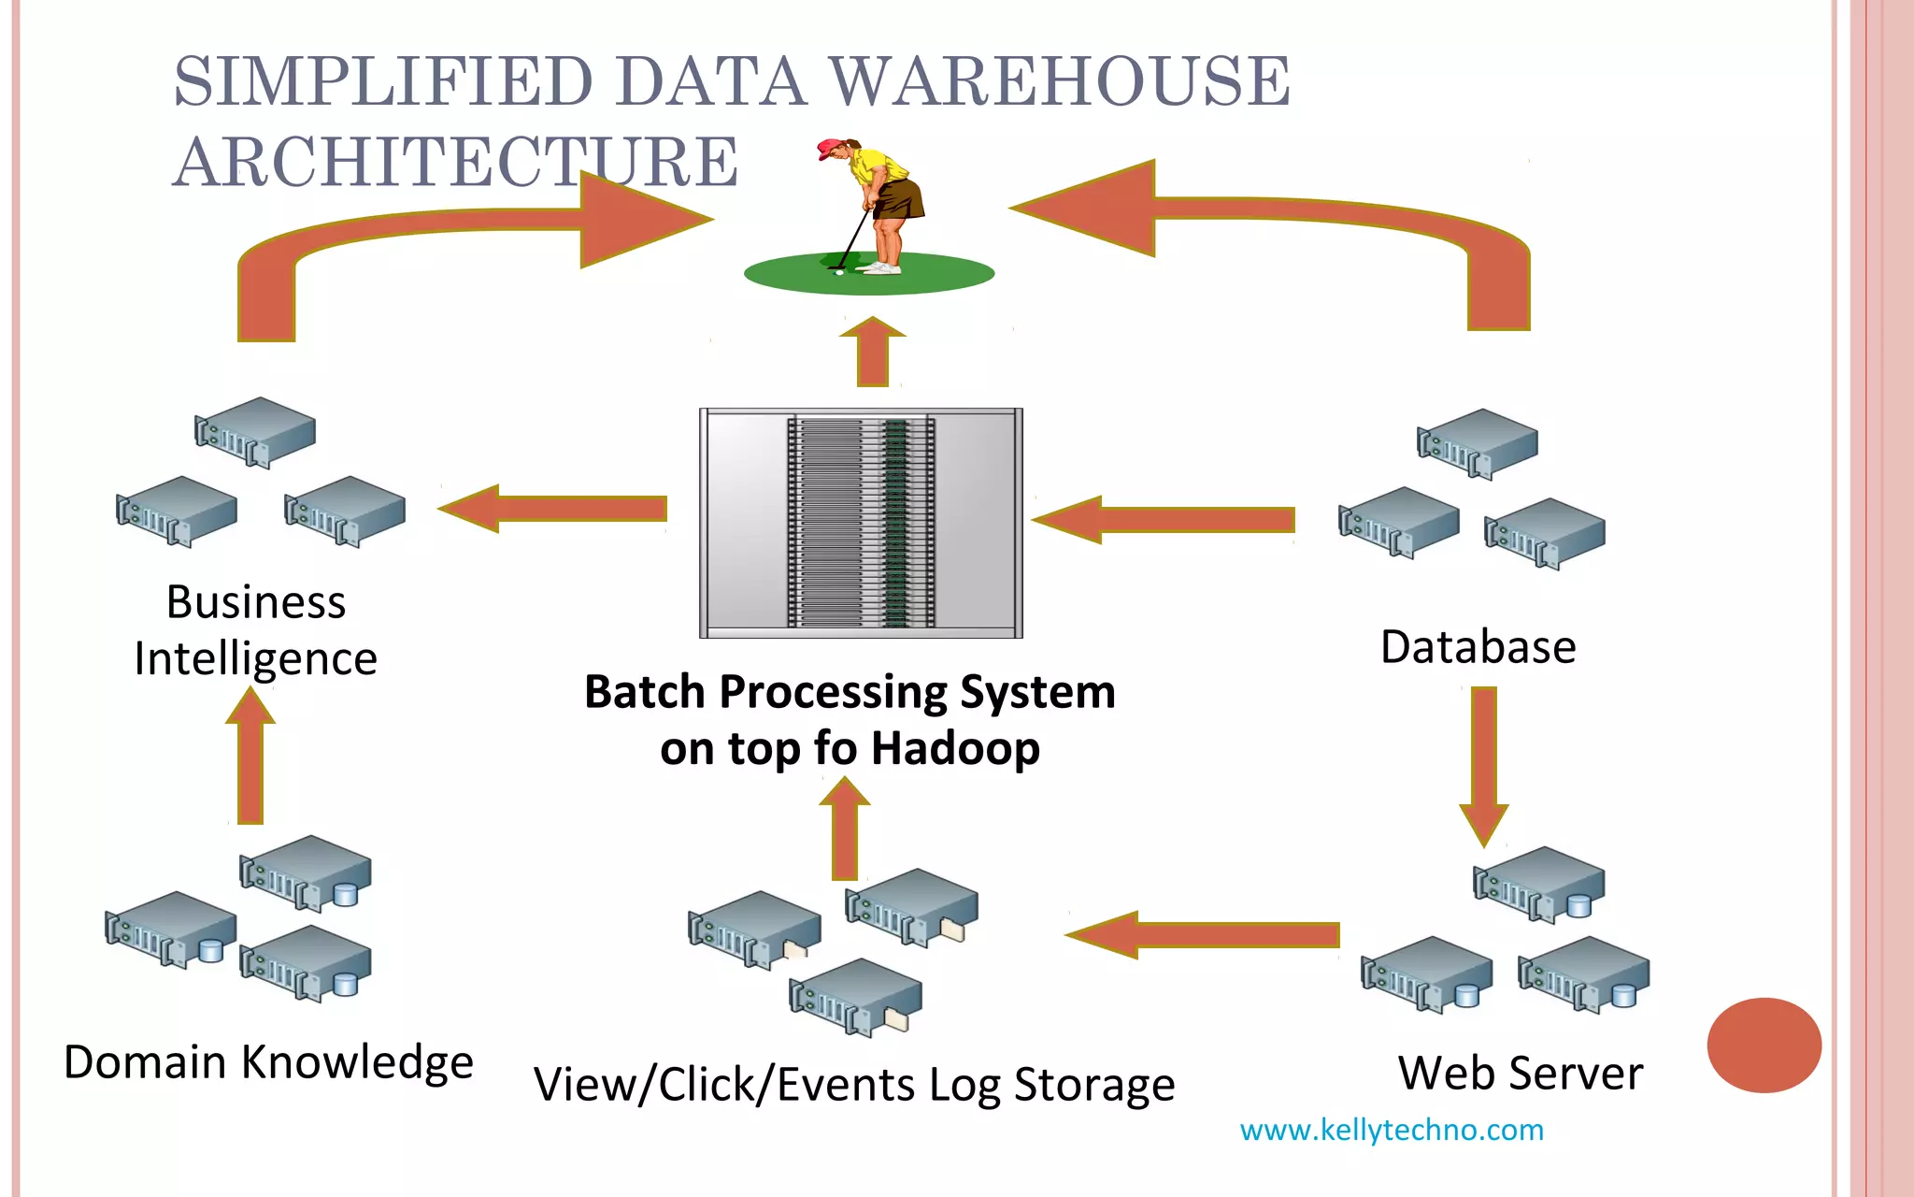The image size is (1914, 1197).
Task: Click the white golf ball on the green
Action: (x=838, y=272)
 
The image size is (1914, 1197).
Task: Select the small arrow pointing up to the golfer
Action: (x=872, y=353)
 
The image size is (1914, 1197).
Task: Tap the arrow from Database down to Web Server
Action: (x=1483, y=762)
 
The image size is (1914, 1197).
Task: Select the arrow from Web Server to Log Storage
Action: (x=1206, y=934)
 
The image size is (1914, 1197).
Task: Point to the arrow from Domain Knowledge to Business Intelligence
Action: (x=250, y=757)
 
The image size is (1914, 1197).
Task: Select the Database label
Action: (x=1478, y=647)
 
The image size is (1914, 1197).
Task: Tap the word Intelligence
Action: (x=255, y=659)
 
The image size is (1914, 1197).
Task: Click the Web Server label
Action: (x=1520, y=1074)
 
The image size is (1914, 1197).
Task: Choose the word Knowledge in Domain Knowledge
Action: (x=357, y=1063)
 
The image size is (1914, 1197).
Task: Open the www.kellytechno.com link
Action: (x=1391, y=1130)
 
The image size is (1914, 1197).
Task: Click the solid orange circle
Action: (x=1764, y=1045)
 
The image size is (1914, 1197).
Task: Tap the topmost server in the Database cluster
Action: (x=1478, y=443)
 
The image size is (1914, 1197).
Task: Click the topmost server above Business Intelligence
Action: (x=255, y=431)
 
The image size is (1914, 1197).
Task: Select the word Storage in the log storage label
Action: (x=1093, y=1086)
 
